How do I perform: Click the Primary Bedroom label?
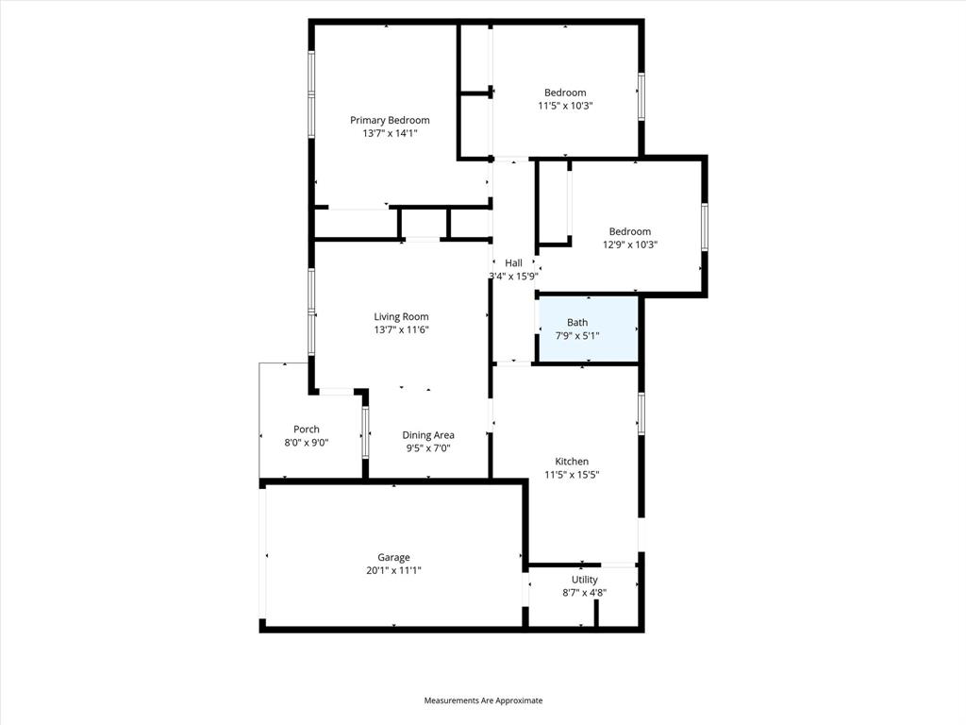pos(390,120)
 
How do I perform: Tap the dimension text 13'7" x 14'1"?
pos(390,134)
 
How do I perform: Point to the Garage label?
pos(393,557)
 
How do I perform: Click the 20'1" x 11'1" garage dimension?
pos(393,570)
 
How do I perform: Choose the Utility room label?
pos(584,580)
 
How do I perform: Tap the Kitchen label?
pos(572,462)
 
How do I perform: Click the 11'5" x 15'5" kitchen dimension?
pos(572,475)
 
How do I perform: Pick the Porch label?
pos(307,430)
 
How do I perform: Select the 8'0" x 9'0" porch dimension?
pos(307,443)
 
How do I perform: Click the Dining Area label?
pos(428,435)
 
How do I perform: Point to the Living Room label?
pos(401,317)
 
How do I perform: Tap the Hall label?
pos(513,263)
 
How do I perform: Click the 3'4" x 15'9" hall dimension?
pos(513,277)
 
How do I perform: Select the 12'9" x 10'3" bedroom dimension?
pos(629,244)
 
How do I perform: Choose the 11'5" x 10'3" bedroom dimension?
pos(565,106)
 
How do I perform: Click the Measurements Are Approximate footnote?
pos(483,700)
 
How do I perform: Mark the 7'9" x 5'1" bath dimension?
pos(576,335)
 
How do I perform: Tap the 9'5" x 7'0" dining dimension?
pos(428,448)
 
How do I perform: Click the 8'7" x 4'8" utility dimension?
pos(584,593)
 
